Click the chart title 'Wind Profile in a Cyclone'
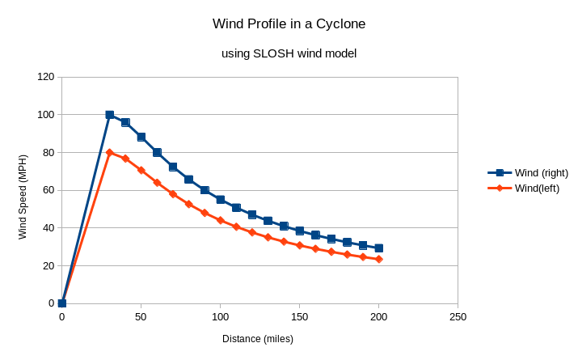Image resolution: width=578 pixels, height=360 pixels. (x=289, y=24)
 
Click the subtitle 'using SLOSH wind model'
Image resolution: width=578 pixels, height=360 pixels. (x=289, y=53)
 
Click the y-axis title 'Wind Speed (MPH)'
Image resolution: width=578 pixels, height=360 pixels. (x=23, y=191)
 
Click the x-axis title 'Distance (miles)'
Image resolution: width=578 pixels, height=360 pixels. (x=258, y=339)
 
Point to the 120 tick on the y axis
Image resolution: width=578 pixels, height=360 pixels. (x=45, y=77)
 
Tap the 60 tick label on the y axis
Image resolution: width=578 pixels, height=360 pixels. (x=49, y=190)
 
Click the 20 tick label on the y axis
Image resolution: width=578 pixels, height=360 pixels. (x=49, y=265)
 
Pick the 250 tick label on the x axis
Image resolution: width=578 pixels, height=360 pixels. (x=458, y=317)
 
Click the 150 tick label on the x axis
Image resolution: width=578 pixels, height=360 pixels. (x=300, y=317)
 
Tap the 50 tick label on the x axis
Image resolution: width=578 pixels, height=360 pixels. (x=141, y=317)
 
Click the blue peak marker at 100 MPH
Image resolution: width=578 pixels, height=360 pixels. (x=109, y=115)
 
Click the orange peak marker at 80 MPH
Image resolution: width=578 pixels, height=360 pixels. (x=109, y=152)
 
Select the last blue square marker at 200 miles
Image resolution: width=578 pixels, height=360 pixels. (x=379, y=248)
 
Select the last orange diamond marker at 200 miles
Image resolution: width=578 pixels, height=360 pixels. (x=379, y=259)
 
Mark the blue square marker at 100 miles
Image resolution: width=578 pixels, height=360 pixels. (x=221, y=199)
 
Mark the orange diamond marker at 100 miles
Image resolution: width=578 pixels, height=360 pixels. (x=221, y=220)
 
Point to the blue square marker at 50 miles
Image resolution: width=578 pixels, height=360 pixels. (x=141, y=137)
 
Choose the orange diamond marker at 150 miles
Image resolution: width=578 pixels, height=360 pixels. (x=300, y=245)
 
